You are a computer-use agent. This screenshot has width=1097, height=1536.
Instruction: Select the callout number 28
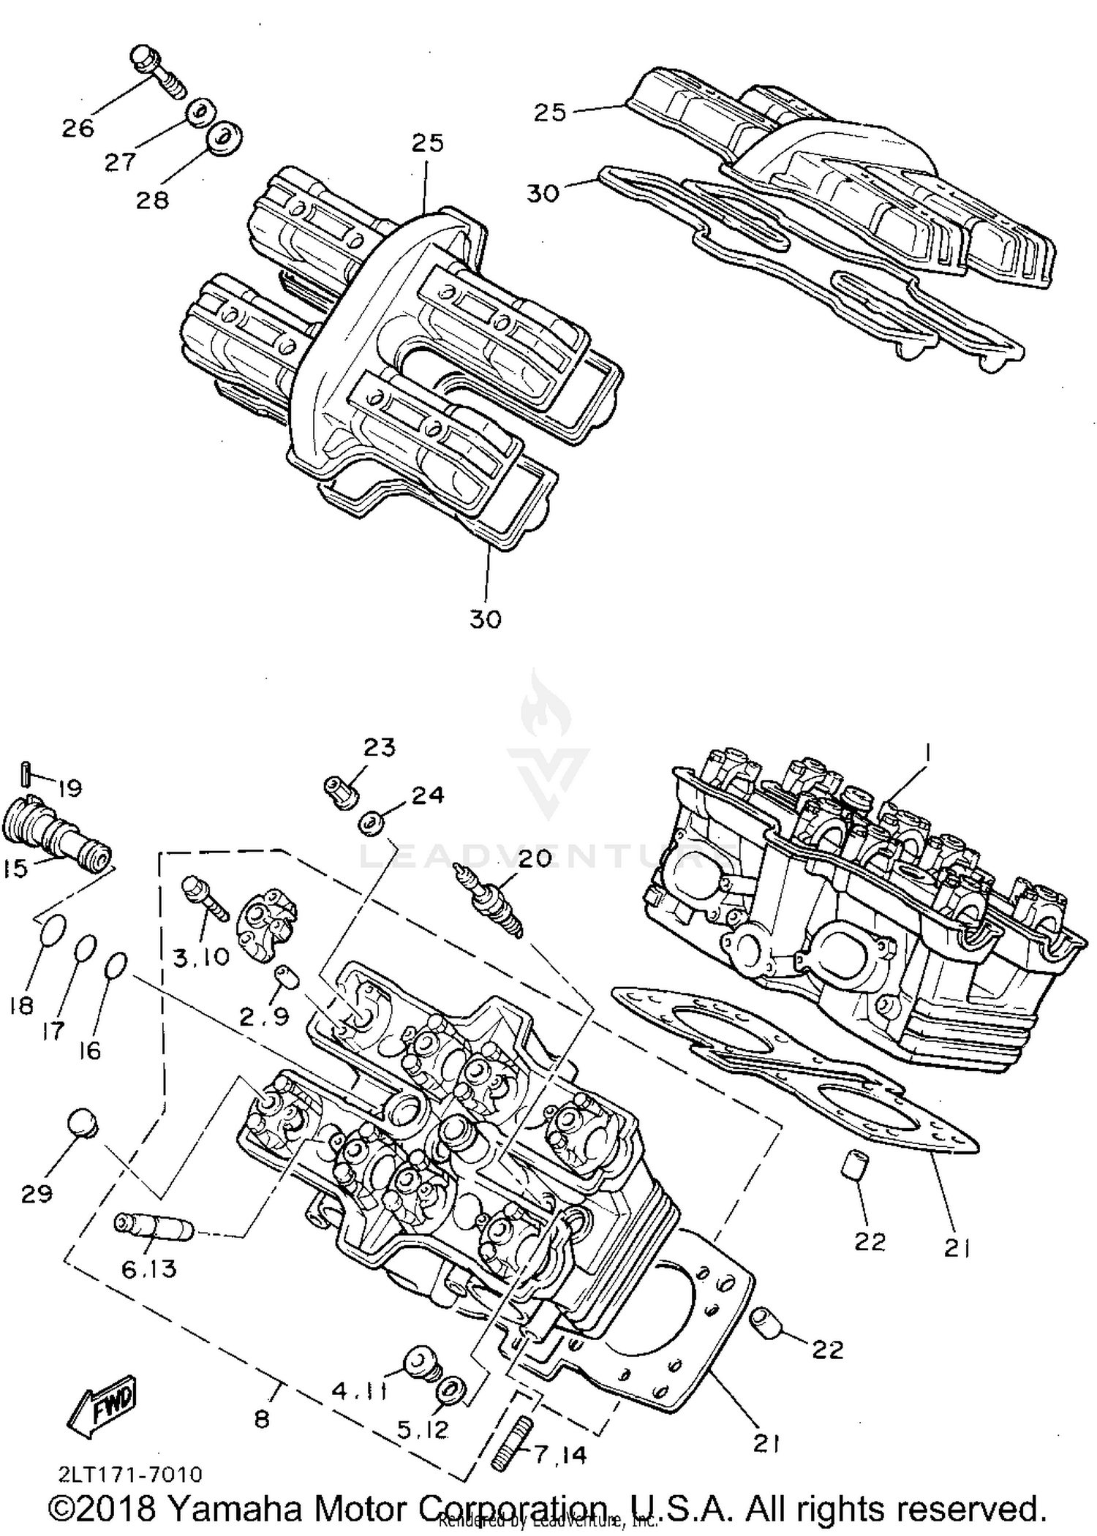152,200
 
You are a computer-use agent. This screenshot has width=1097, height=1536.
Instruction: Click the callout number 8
262,1419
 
